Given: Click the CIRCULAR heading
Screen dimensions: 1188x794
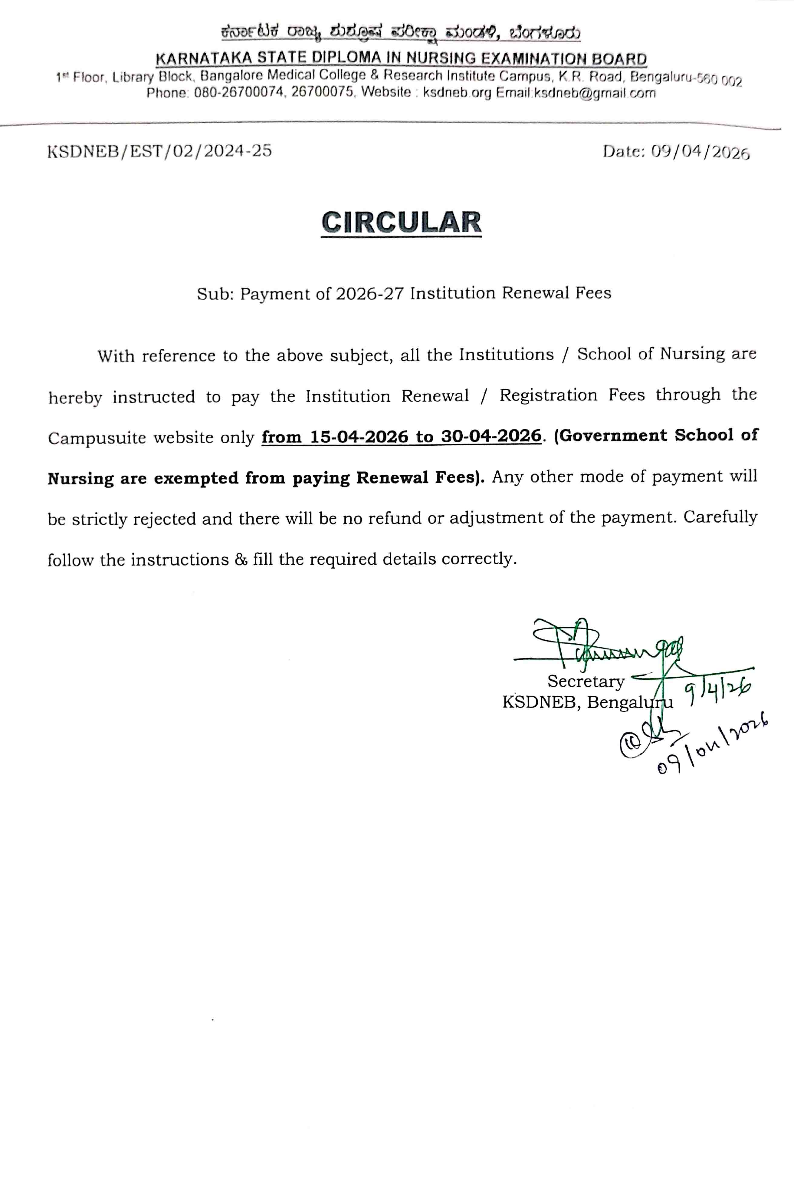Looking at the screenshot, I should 401,223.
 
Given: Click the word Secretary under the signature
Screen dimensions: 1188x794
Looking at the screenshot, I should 586,681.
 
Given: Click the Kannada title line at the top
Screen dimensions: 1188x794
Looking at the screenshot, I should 401,33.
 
